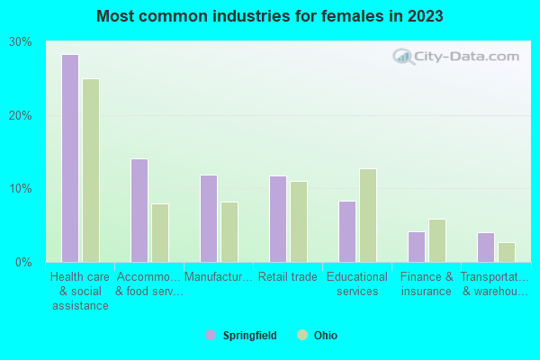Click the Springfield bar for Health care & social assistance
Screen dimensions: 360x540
70,158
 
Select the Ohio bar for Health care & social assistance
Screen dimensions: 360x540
91,170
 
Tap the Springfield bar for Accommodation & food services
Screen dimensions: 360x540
139,211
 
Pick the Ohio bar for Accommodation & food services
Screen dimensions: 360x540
160,233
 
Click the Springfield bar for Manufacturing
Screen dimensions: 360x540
209,219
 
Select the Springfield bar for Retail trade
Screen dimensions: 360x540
278,219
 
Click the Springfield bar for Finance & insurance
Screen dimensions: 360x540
417,247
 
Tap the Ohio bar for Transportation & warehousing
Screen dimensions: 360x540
507,252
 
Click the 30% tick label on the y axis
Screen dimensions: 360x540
21,42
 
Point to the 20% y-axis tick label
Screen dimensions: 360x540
21,116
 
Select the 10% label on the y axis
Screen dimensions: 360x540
21,189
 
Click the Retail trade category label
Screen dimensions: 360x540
288,277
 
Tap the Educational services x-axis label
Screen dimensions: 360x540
357,284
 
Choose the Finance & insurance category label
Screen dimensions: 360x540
427,284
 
